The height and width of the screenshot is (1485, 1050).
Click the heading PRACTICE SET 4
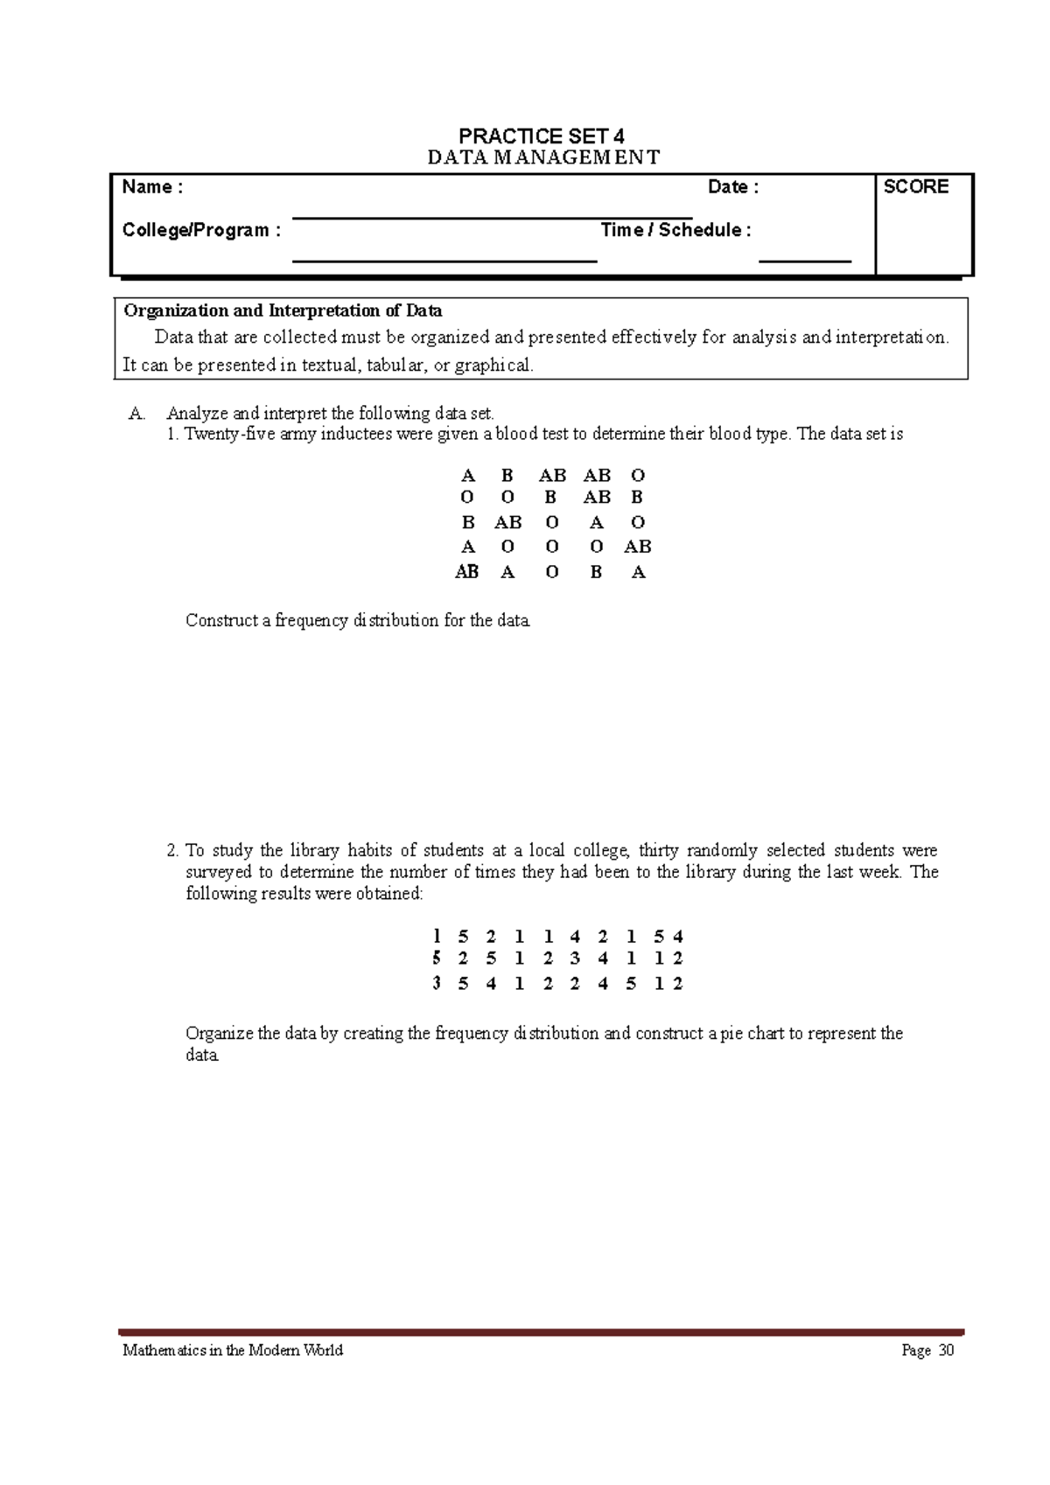pyautogui.click(x=541, y=136)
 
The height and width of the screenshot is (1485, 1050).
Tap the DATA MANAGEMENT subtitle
pyautogui.click(x=542, y=157)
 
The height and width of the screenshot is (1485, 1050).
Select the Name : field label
pyautogui.click(x=152, y=187)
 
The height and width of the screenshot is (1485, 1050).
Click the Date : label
pyautogui.click(x=732, y=187)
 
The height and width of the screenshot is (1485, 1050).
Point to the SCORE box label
pyautogui.click(x=915, y=187)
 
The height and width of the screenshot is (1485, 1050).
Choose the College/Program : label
pyautogui.click(x=201, y=230)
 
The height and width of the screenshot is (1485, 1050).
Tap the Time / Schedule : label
pyautogui.click(x=675, y=230)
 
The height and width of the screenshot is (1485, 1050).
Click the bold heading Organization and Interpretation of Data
pyautogui.click(x=283, y=310)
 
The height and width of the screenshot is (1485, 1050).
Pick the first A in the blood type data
pyautogui.click(x=468, y=476)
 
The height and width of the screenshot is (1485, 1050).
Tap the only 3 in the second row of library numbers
pyautogui.click(x=575, y=959)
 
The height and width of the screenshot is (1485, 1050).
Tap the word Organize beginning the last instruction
pyautogui.click(x=219, y=1034)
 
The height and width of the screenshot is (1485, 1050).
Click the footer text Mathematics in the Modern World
pyautogui.click(x=233, y=1350)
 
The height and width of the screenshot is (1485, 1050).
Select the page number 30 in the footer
pyautogui.click(x=946, y=1350)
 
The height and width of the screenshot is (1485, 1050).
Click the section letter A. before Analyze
pyautogui.click(x=136, y=414)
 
